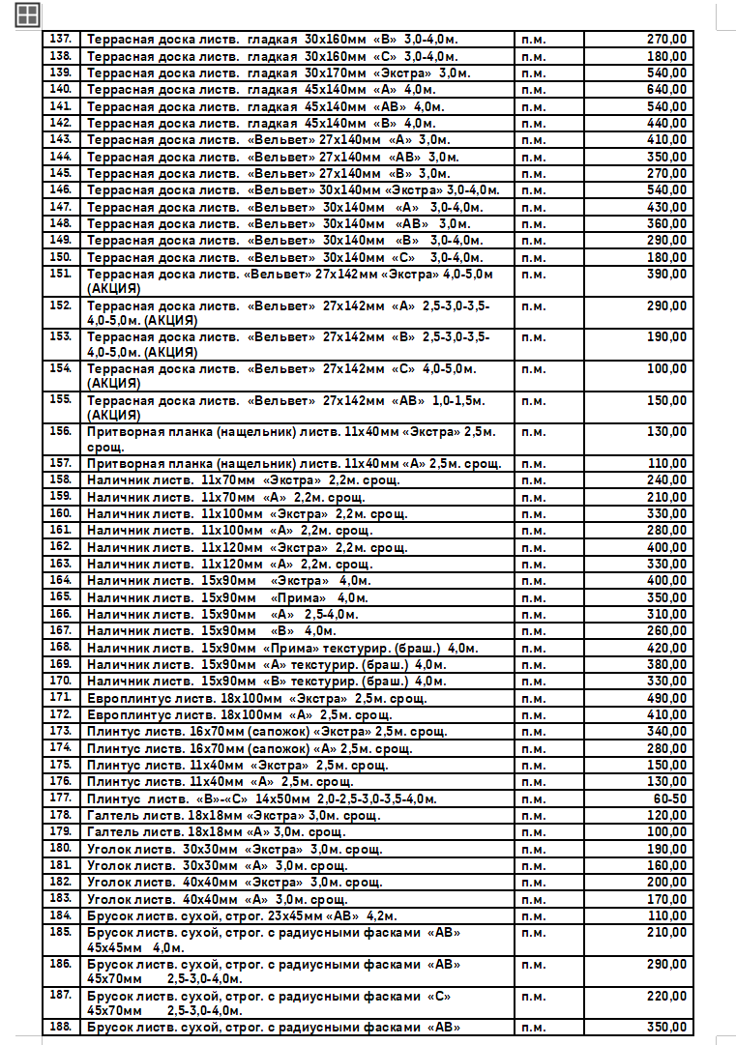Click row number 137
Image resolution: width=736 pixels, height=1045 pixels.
pos(60,40)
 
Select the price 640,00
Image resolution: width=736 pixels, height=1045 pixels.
pos(666,89)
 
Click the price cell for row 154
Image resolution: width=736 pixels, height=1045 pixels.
pos(666,369)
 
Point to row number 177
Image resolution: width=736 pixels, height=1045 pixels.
pos(60,798)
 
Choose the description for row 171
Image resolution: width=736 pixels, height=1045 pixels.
pos(256,698)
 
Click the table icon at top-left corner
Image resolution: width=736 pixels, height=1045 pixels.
pos(27,14)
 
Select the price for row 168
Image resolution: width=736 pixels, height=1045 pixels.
pos(666,648)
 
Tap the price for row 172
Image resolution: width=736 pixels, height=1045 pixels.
pos(666,714)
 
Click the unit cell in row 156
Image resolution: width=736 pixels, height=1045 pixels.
pos(533,432)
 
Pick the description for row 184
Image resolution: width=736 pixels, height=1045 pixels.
pos(242,915)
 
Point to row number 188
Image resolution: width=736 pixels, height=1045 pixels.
pos(60,1028)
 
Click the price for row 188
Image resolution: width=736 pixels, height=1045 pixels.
pos(666,1028)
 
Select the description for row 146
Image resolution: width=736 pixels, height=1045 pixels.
pos(293,190)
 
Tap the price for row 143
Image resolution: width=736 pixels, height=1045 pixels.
pos(666,139)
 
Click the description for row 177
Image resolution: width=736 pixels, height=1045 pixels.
pos(261,798)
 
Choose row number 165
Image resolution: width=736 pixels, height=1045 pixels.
pos(60,597)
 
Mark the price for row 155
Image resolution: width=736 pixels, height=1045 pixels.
pos(666,400)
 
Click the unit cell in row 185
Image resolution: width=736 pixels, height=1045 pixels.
pos(533,933)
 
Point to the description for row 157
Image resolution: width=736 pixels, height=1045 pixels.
pos(294,464)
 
